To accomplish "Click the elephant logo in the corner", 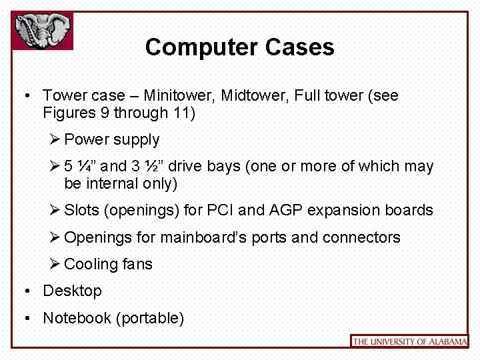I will tap(42, 29).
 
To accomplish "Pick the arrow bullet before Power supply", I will tap(55, 139).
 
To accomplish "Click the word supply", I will tap(137, 139).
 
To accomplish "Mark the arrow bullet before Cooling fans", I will tap(55, 264).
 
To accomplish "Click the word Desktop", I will tap(72, 291).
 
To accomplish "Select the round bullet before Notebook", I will tap(25, 319).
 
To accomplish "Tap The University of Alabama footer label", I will tap(409, 341).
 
